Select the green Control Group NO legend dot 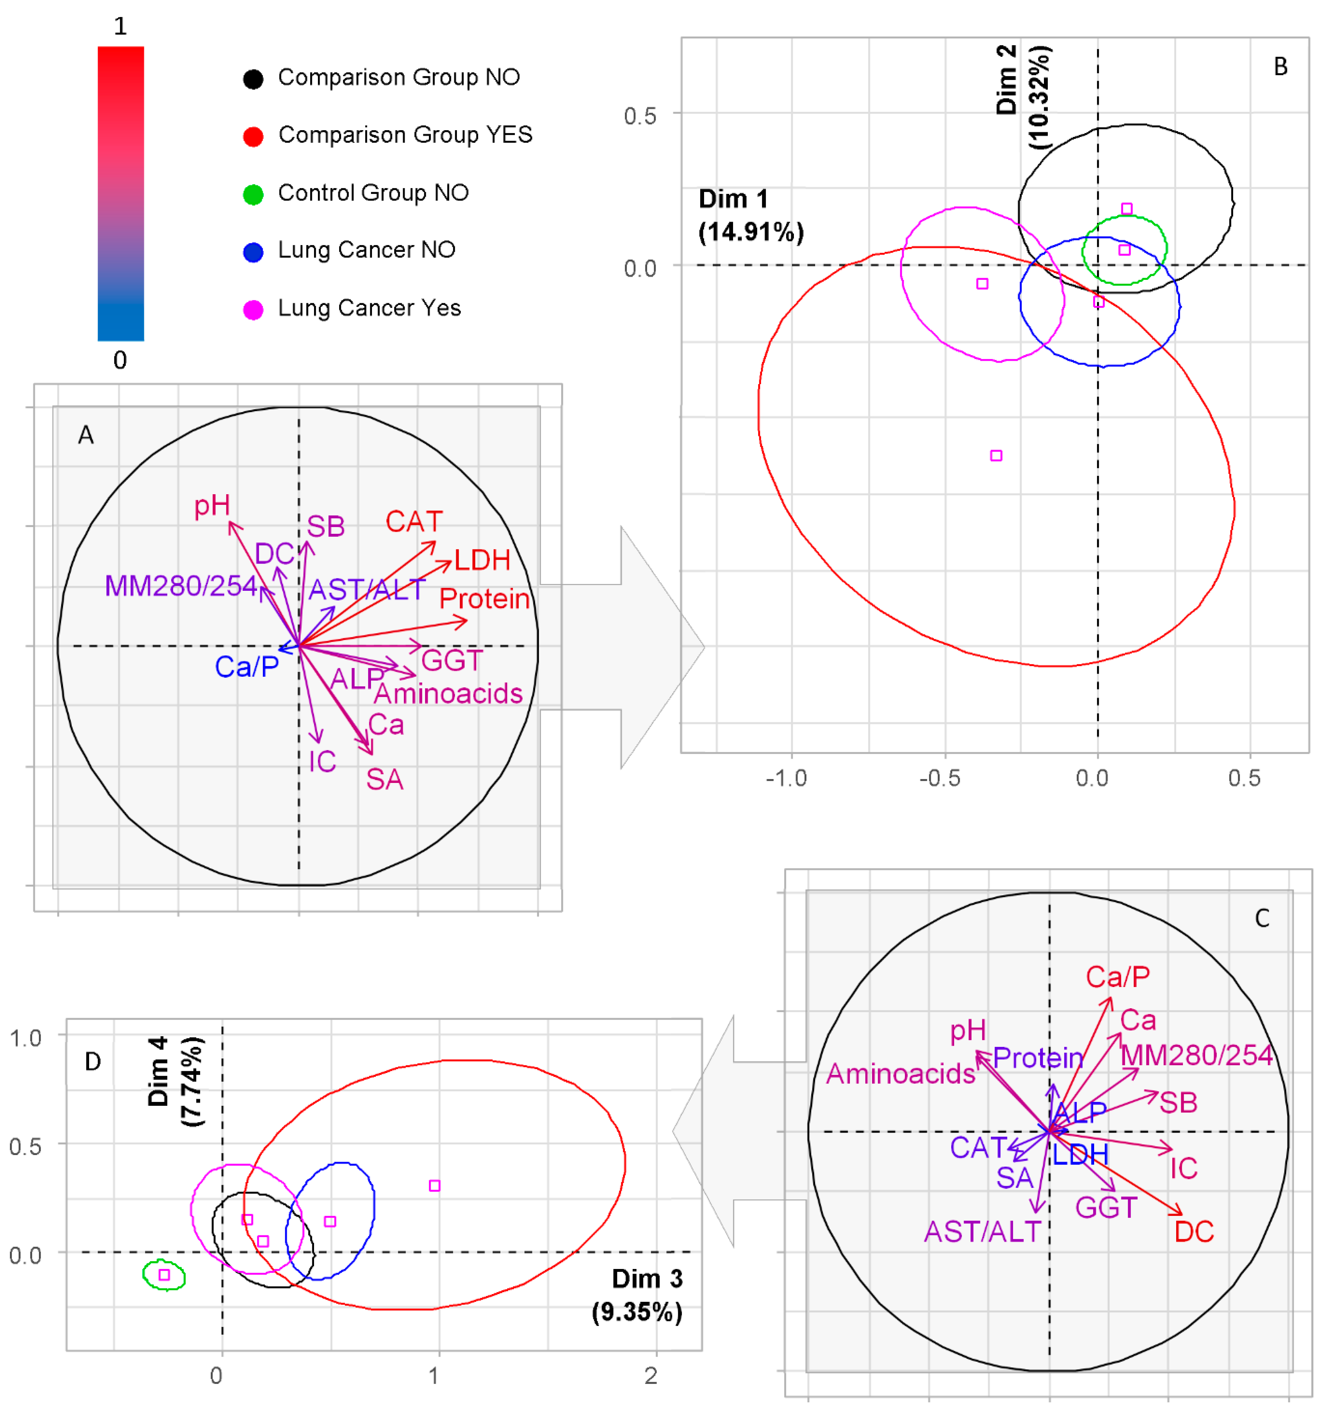253,194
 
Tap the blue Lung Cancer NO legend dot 253,252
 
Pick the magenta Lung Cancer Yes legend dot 253,310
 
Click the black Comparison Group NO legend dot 253,79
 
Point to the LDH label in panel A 482,560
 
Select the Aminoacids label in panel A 448,693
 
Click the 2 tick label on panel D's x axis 651,1375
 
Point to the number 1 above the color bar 120,26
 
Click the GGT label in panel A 452,661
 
